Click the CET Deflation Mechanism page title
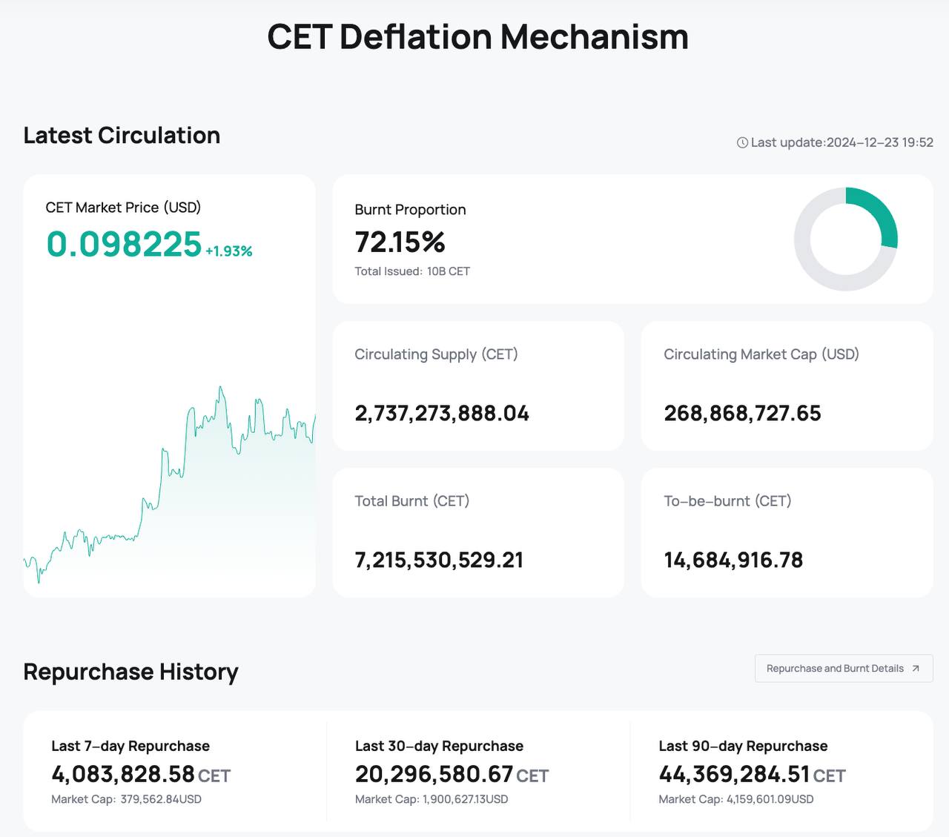477,37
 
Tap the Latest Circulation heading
122,136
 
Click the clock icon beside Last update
742,142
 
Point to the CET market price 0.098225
124,245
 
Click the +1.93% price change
229,251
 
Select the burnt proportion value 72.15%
400,242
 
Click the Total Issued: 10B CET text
412,271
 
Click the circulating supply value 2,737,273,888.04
442,414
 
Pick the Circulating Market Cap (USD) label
761,354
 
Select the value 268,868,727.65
742,414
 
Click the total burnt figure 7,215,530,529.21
439,560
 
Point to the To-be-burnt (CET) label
727,501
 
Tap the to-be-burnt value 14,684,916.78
733,560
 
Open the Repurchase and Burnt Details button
843,669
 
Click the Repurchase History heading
130,672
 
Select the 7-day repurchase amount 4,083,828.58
123,775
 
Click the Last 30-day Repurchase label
439,746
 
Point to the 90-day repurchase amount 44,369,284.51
734,775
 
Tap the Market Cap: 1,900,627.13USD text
431,799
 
